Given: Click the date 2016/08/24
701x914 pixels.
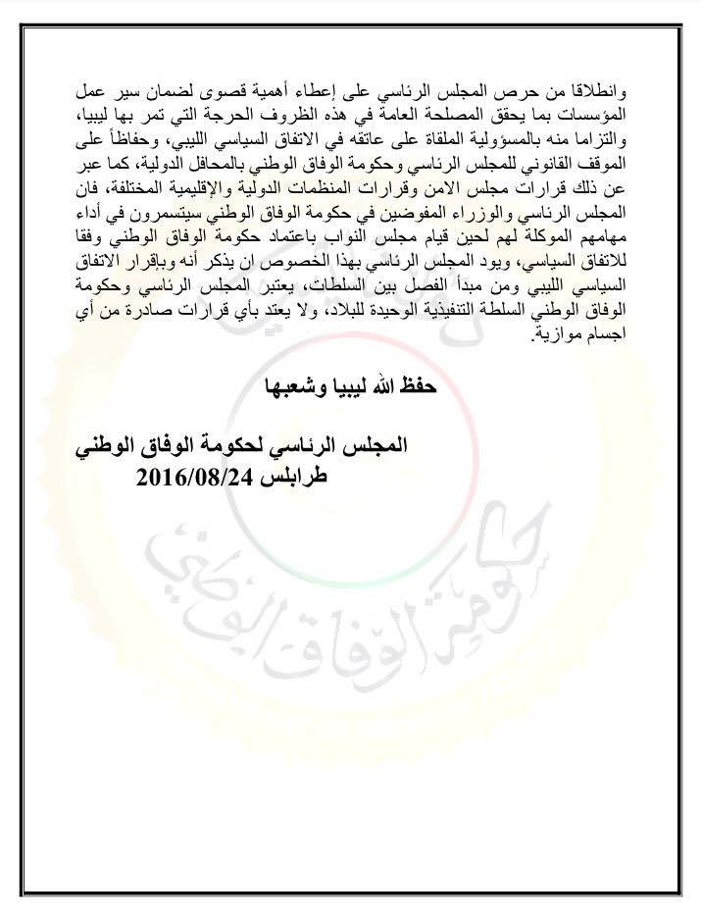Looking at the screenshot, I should pyautogui.click(x=196, y=479).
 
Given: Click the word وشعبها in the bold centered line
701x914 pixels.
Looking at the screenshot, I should pyautogui.click(x=287, y=385).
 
